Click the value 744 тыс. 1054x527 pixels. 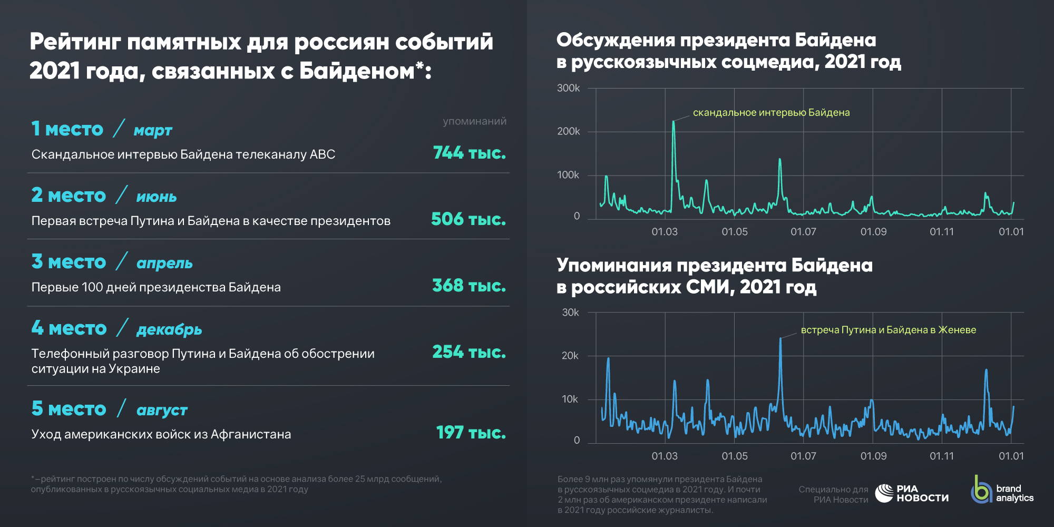[x=469, y=153]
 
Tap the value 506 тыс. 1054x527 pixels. [x=468, y=219]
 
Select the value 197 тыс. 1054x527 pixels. [x=471, y=433]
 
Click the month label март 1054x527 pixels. [x=153, y=131]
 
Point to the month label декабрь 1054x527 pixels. [x=169, y=330]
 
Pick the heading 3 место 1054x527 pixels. [x=69, y=262]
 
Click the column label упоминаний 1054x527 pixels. [x=474, y=121]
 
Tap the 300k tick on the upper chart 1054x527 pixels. [x=568, y=88]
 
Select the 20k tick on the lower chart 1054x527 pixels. [x=570, y=356]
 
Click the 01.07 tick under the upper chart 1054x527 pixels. [x=803, y=232]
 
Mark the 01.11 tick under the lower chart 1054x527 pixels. [x=942, y=456]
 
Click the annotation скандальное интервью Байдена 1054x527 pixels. [x=771, y=113]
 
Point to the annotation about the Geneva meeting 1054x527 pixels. [x=888, y=330]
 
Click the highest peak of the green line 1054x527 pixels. [x=674, y=122]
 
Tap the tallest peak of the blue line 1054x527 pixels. [x=780, y=339]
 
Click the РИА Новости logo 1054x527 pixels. [x=912, y=493]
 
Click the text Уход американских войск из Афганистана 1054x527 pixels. [x=161, y=434]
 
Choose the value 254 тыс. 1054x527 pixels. [x=469, y=352]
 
